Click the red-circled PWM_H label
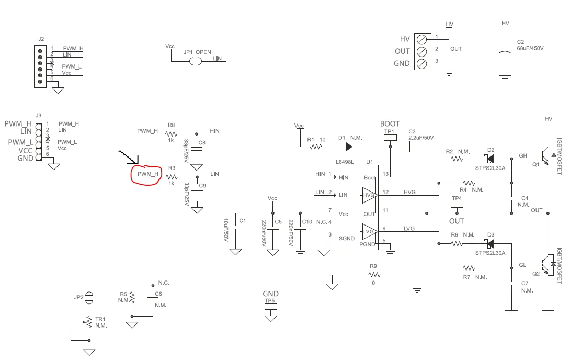tap(148, 174)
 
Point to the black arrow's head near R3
tap(138, 163)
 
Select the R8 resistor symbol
tap(171, 134)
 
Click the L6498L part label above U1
tap(345, 162)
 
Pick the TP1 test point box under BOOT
tap(391, 138)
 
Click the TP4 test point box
tap(457, 204)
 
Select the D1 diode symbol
tap(349, 147)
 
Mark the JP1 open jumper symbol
tap(195, 61)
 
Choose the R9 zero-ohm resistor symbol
tap(374, 275)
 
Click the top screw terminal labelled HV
tap(421, 39)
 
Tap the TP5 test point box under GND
tap(270, 307)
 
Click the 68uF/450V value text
tap(530, 48)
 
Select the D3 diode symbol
tap(491, 244)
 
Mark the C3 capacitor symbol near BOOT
tap(412, 147)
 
